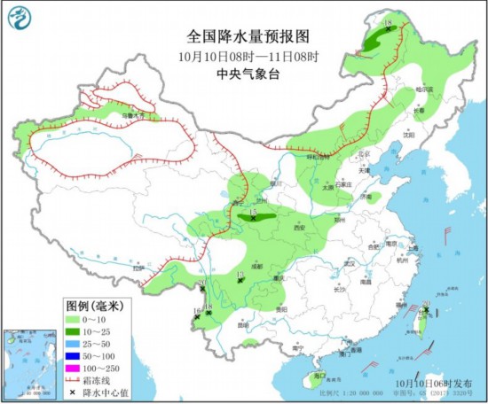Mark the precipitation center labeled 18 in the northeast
tap(388, 27)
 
